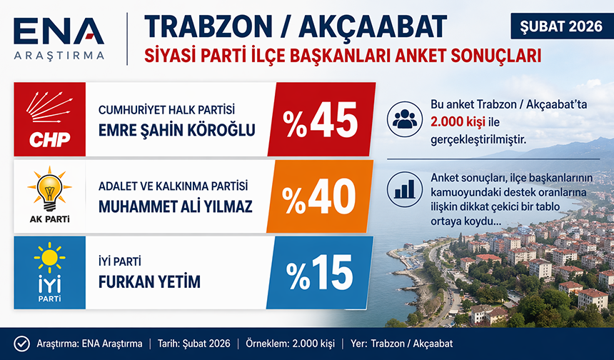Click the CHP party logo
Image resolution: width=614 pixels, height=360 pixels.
click(49, 119)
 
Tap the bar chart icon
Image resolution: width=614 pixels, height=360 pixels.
click(406, 189)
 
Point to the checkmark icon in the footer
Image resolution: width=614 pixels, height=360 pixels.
click(21, 344)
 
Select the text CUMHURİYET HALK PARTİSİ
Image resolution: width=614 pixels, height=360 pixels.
click(167, 110)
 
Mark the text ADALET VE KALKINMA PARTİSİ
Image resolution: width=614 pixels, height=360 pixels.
click(173, 186)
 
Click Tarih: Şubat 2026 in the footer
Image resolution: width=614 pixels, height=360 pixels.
click(194, 344)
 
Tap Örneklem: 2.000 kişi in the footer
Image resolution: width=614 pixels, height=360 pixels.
click(294, 344)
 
